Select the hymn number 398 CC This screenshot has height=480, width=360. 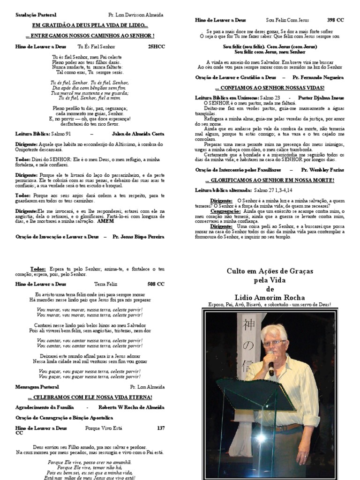tap(335, 20)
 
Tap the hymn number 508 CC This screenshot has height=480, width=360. tap(156, 284)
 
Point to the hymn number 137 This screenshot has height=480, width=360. tap(161, 428)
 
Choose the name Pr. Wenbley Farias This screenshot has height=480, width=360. tap(322, 170)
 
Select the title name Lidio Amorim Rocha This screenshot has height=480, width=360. tap(270, 297)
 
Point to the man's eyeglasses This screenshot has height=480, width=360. tap(274, 343)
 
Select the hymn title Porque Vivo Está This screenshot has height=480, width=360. tap(104, 428)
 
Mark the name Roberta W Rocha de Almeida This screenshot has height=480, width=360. tap(131, 408)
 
